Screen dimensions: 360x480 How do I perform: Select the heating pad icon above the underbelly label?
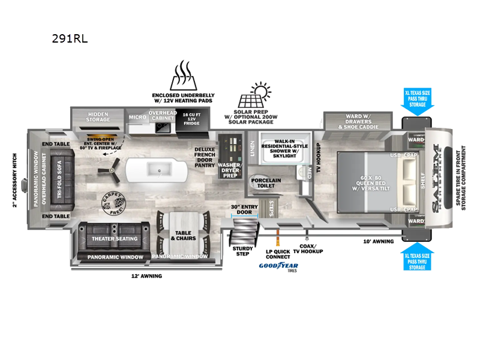coord(183,76)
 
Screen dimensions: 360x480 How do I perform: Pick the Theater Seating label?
coord(115,239)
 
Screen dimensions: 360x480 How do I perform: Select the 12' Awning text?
coord(146,276)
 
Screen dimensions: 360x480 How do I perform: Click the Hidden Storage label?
coord(98,116)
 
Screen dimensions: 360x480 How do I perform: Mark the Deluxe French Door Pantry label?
coord(205,157)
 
